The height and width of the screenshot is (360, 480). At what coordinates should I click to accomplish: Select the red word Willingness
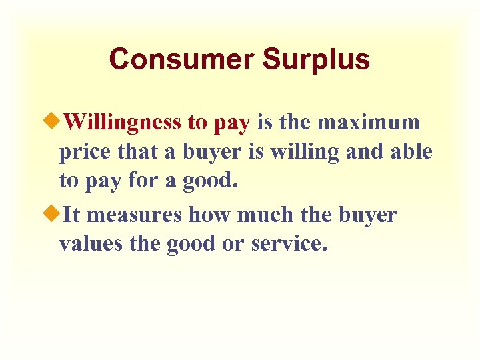pos(124,123)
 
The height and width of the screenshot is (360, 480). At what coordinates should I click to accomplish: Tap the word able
pos(411,153)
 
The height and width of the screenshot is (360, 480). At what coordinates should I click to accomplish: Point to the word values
pos(88,245)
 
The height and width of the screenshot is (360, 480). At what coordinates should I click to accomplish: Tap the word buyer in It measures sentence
pos(367,215)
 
